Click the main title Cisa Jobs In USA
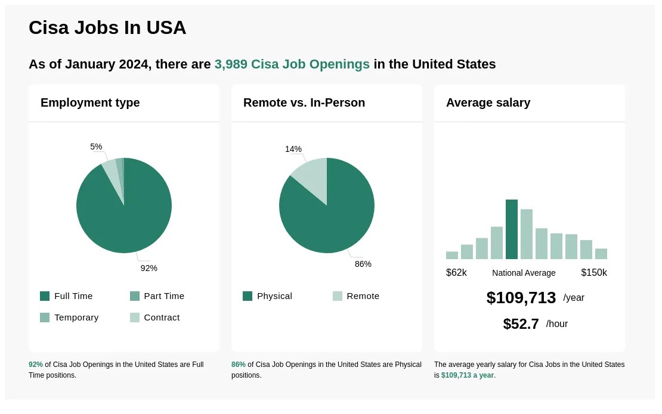[107, 28]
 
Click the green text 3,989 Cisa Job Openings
[292, 64]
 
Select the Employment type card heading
[90, 102]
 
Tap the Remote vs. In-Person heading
[304, 102]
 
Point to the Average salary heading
[488, 102]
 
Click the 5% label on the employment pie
[96, 147]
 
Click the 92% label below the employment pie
[149, 268]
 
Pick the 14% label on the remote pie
[293, 149]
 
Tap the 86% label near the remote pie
[363, 264]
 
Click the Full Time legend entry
[67, 296]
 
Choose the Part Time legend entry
[157, 296]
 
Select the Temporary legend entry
[70, 317]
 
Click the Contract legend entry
[155, 317]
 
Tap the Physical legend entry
[268, 296]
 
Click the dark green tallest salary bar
[512, 229]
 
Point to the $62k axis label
[456, 273]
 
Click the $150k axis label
[594, 273]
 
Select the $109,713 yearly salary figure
[521, 298]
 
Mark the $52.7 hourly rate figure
[521, 324]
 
